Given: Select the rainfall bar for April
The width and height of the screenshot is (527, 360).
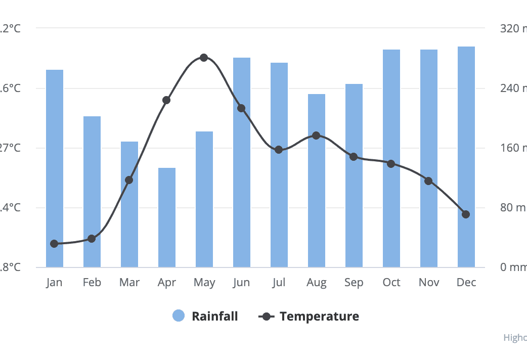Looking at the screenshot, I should [167, 217].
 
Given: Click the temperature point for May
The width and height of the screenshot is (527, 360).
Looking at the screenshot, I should [204, 58].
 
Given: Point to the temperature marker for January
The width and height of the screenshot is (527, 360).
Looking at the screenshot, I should [55, 244].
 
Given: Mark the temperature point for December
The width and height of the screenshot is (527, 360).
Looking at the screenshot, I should [466, 214].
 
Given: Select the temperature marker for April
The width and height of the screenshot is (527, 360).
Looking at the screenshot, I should [166, 100].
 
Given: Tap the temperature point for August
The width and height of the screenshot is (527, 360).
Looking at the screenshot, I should [316, 136].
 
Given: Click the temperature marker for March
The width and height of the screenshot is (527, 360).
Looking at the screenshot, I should [129, 180].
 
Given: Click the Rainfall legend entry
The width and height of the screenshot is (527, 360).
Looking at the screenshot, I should [214, 317].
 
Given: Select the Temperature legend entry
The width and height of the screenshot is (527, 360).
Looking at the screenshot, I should [319, 317].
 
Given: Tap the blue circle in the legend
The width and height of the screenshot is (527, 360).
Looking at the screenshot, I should [179, 316].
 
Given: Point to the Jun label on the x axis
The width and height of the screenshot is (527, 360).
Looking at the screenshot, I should [242, 283].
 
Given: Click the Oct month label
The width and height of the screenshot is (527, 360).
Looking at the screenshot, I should [391, 283].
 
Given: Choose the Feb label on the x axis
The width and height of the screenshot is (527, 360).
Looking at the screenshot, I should [92, 283].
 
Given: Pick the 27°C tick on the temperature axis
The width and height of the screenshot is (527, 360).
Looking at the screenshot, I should [11, 148].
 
